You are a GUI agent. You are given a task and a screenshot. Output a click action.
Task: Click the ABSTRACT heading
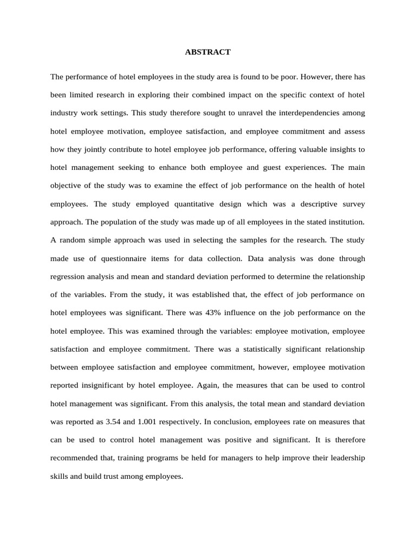click(207, 52)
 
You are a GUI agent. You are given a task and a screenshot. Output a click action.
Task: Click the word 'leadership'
click(344, 458)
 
